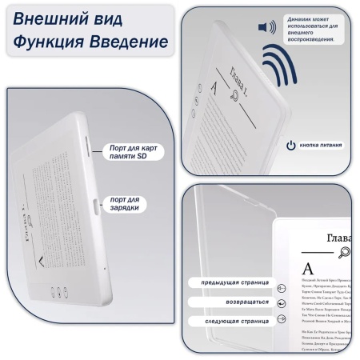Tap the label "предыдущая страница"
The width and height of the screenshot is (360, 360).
point(228,282)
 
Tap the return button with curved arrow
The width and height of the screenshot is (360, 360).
point(281,304)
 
